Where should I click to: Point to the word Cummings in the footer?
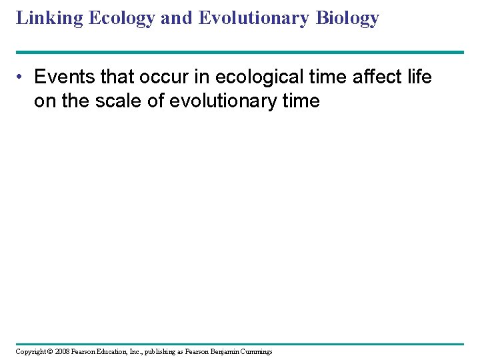click(x=257, y=351)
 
